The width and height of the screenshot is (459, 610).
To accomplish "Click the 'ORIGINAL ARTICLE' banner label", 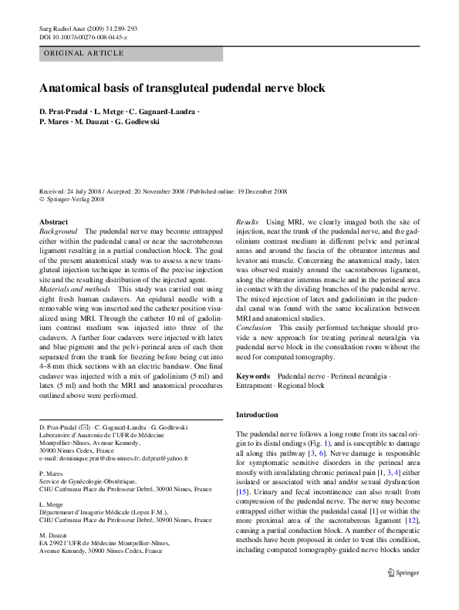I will coord(85,53).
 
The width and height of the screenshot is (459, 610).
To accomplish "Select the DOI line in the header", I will coord(83,37).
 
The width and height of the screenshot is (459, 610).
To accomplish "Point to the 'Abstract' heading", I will coord(53,222).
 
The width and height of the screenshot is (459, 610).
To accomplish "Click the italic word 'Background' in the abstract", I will coord(59,231).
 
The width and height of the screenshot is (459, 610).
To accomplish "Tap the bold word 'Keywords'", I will coord(253,376).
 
